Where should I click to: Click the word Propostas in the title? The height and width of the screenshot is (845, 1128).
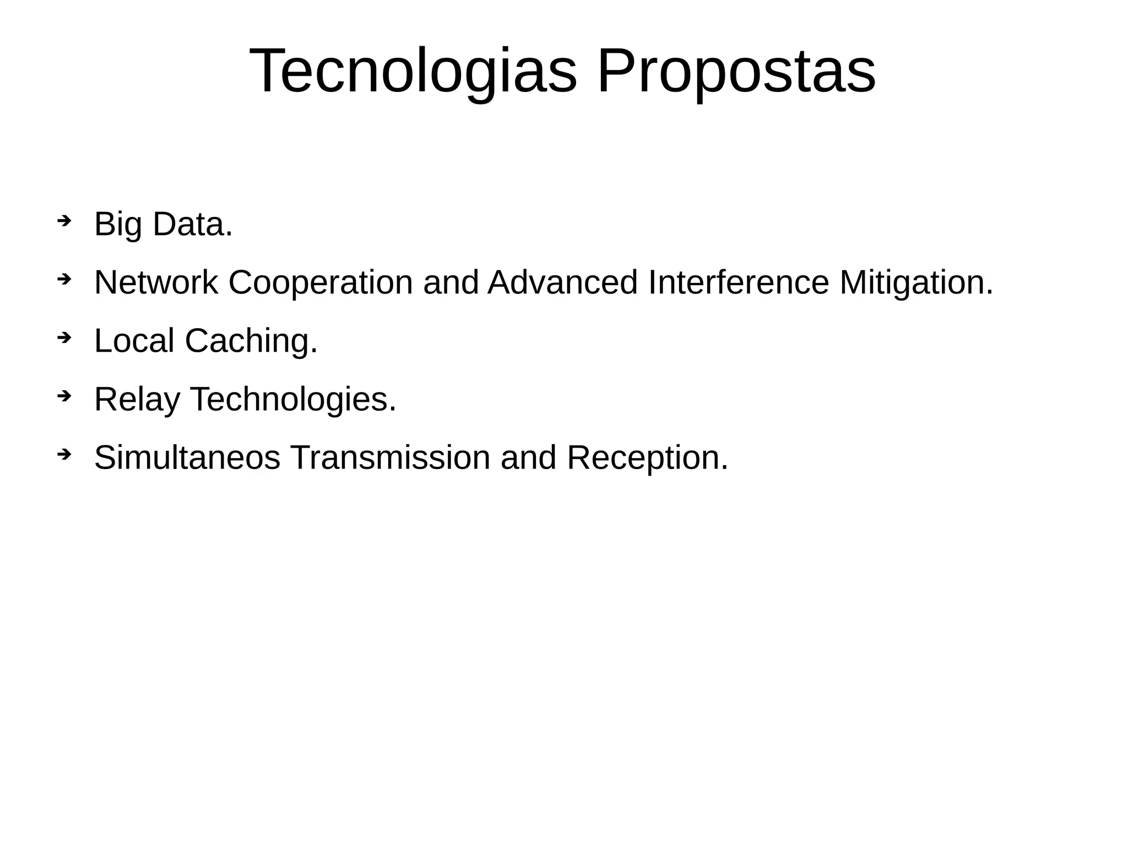point(736,72)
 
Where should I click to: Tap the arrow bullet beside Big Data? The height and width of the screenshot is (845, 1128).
point(64,221)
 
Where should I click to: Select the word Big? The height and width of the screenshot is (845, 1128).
point(118,225)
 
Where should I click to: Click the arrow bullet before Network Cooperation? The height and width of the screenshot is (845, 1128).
point(64,280)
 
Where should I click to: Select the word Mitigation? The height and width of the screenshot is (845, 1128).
point(916,283)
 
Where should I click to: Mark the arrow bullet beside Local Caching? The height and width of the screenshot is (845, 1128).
point(64,338)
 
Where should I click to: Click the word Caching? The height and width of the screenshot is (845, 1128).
point(251,341)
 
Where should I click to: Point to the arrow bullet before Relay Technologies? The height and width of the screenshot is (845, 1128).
point(64,396)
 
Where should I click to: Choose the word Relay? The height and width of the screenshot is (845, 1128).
point(137,400)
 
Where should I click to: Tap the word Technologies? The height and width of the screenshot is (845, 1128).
point(293,400)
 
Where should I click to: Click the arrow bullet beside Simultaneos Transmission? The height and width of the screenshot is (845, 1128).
point(64,455)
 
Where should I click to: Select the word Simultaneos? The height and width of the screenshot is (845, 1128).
point(187,457)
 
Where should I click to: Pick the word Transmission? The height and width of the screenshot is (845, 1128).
point(390,457)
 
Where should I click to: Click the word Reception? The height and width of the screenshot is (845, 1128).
point(647,459)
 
